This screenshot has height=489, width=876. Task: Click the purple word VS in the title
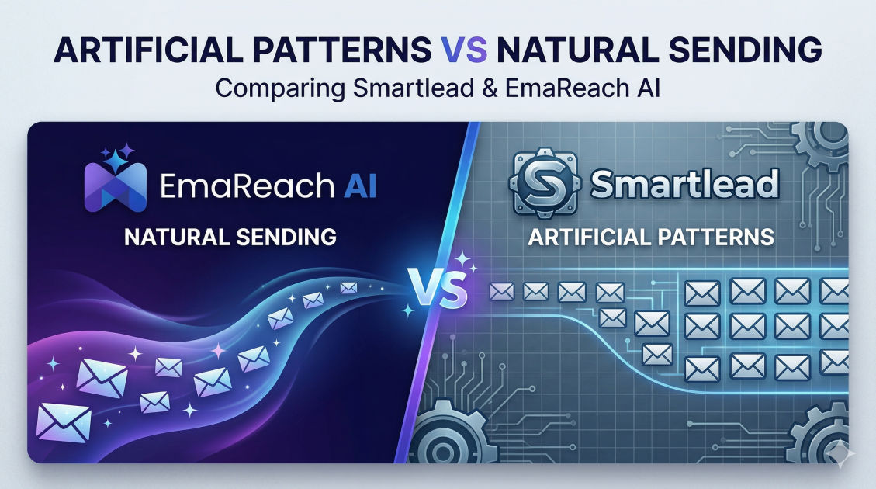(x=464, y=49)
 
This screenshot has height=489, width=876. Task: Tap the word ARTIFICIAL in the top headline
(x=147, y=49)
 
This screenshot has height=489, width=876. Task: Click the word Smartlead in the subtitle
(x=414, y=88)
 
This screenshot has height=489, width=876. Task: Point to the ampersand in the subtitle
(x=490, y=88)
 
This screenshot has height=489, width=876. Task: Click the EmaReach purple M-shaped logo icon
(x=116, y=186)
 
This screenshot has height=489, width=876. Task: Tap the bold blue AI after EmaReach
(x=360, y=186)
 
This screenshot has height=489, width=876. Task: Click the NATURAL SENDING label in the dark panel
(x=230, y=237)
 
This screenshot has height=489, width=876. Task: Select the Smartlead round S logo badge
(x=543, y=182)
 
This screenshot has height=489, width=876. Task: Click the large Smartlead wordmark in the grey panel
(x=684, y=184)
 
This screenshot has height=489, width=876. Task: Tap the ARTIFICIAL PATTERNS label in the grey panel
(x=651, y=237)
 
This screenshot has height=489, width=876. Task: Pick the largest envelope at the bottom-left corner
(x=64, y=422)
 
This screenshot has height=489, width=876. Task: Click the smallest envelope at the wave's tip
(x=348, y=288)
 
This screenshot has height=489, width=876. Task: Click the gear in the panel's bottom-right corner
(x=821, y=436)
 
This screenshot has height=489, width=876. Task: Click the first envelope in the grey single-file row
(x=501, y=291)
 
